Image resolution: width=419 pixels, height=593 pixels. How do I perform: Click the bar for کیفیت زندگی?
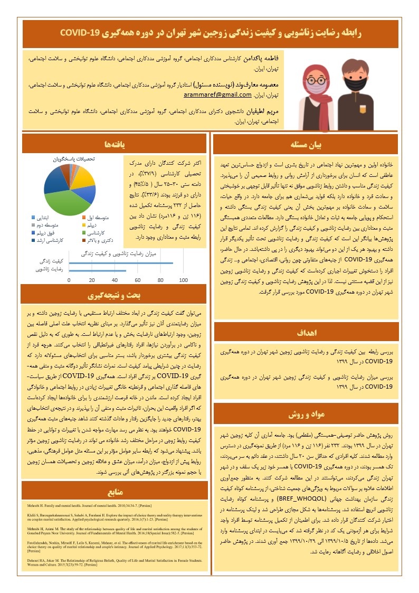[x=121, y=262]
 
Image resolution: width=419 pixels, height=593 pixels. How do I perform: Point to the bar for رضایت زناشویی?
[x=98, y=270]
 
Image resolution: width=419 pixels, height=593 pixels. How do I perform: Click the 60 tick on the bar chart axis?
[x=138, y=280]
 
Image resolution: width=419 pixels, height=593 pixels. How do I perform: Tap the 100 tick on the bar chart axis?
[x=184, y=280]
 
